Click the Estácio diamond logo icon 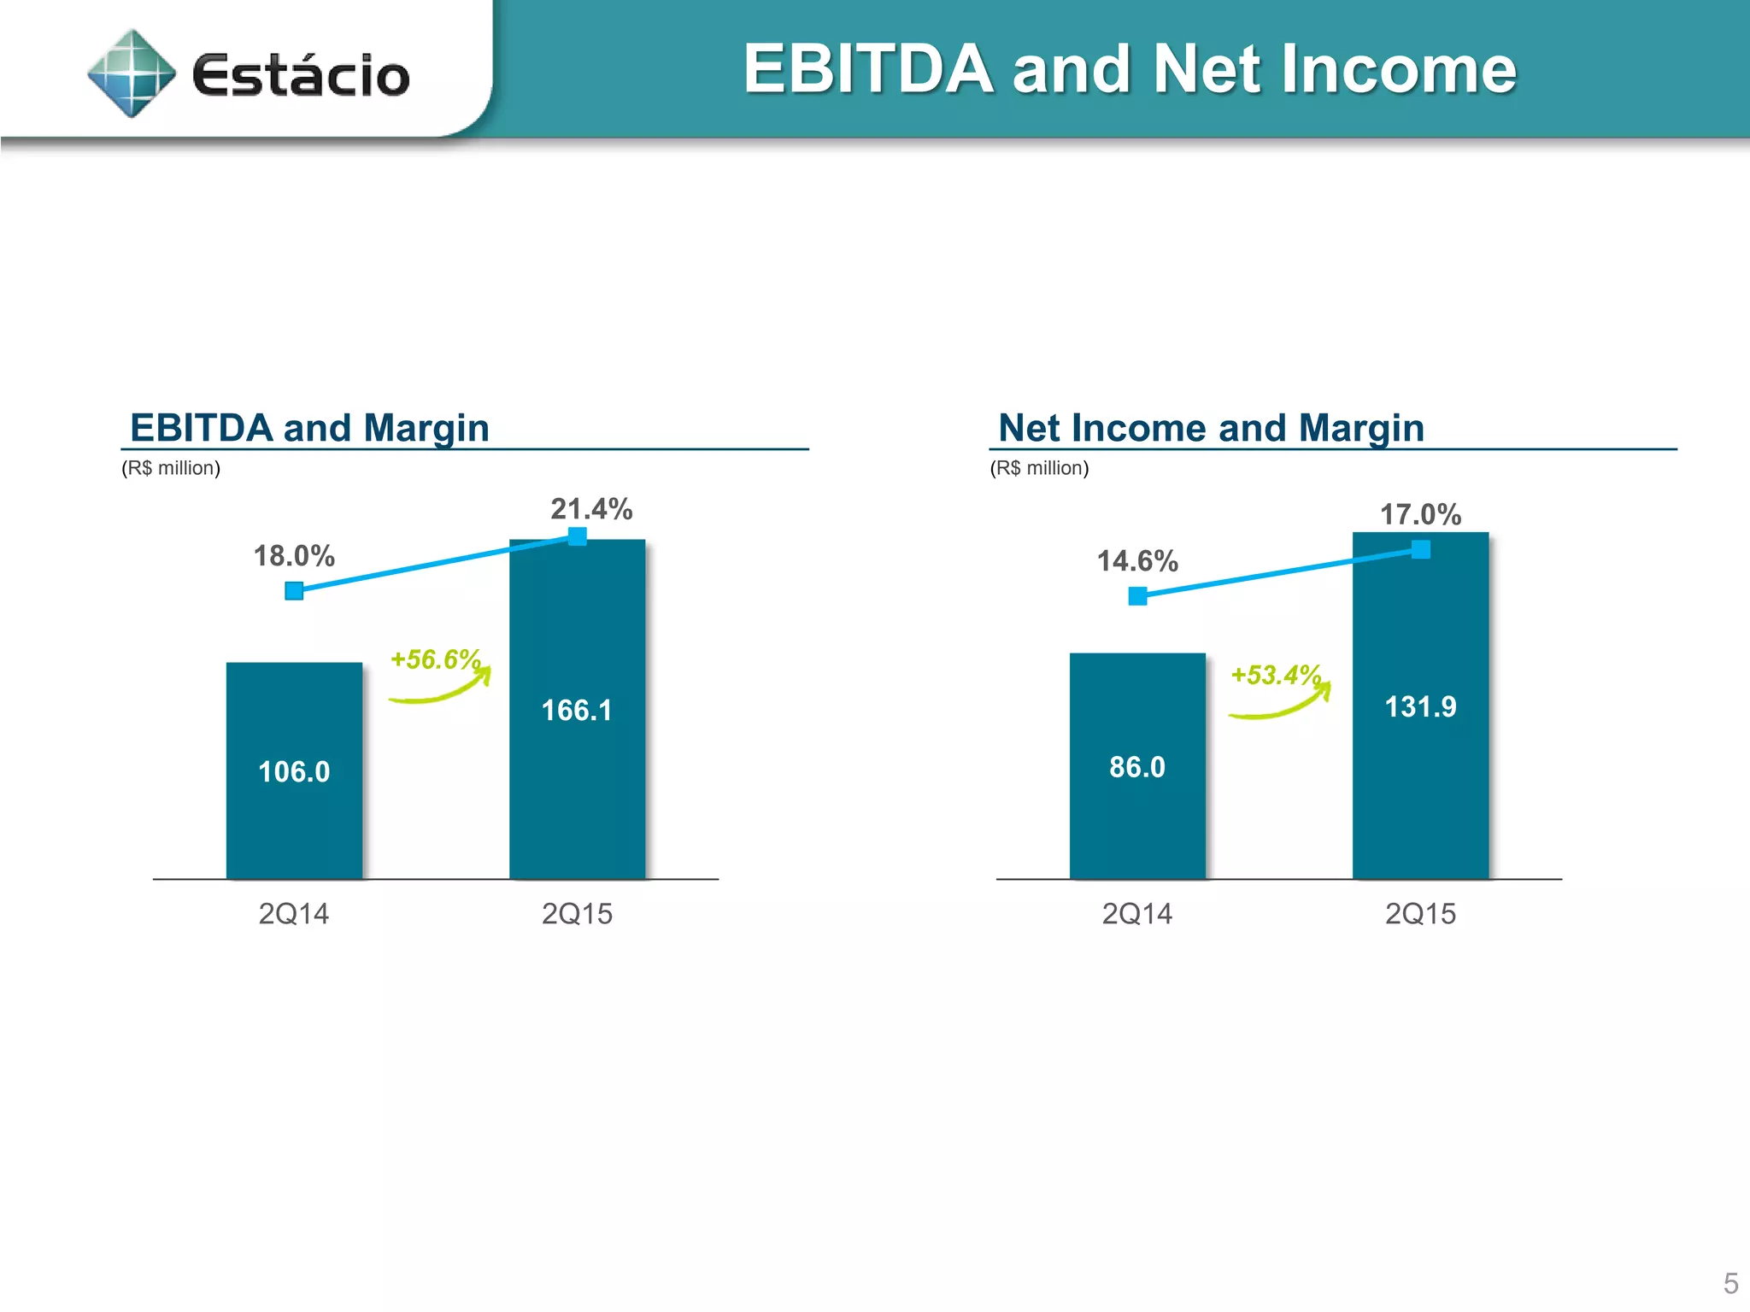[x=132, y=73]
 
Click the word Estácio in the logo [x=301, y=75]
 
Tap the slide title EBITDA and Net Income [x=1129, y=69]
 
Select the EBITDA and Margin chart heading [x=309, y=428]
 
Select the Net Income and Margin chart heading [x=1211, y=428]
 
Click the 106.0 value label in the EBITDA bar [x=294, y=772]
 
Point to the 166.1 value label [x=577, y=711]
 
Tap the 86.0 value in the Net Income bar [x=1136, y=767]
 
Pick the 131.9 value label [x=1420, y=707]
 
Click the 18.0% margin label [x=294, y=556]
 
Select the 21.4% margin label [x=591, y=509]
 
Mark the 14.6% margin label [x=1137, y=561]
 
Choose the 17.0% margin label [x=1420, y=515]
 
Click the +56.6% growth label [x=436, y=659]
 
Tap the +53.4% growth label [x=1276, y=675]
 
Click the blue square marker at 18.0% [x=294, y=590]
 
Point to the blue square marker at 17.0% [x=1420, y=549]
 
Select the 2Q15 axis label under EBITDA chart [x=577, y=914]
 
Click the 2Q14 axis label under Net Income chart [x=1136, y=914]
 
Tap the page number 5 [x=1730, y=1284]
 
